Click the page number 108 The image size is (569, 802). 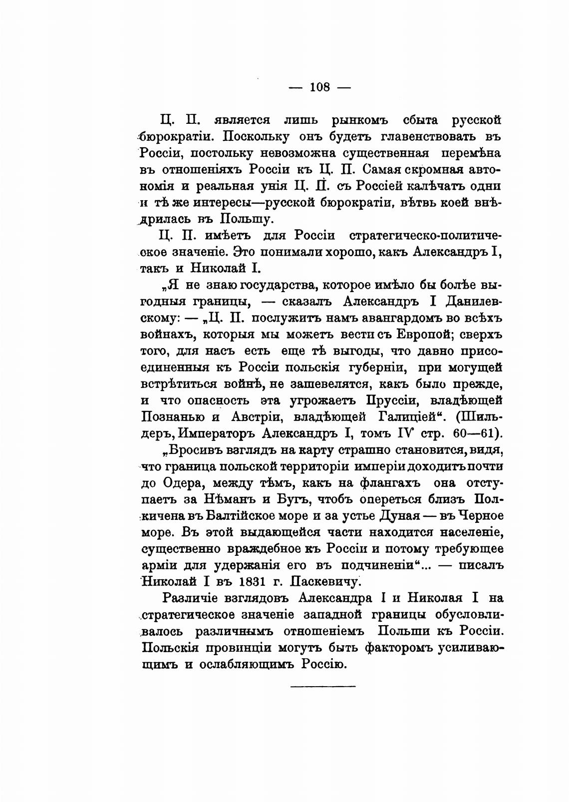point(320,87)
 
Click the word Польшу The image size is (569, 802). point(245,218)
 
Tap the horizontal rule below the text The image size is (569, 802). point(322,686)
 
